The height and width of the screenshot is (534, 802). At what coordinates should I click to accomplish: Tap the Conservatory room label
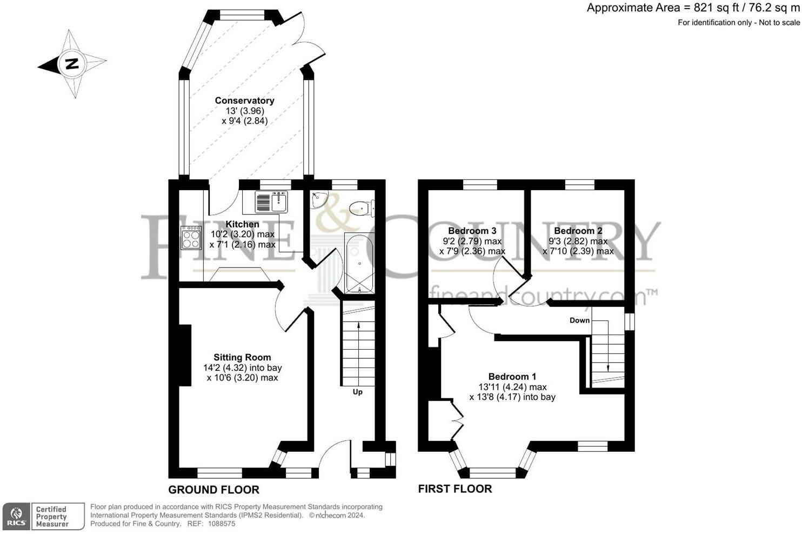[x=244, y=101]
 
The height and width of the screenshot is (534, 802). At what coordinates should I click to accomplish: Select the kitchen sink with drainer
[x=271, y=202]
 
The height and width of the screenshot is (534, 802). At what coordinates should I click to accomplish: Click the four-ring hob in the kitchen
[x=191, y=237]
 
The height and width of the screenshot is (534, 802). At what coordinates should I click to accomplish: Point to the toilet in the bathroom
[x=362, y=208]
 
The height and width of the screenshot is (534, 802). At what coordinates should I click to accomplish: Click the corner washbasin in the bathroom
[x=318, y=199]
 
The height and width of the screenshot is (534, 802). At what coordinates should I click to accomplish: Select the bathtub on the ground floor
[x=359, y=263]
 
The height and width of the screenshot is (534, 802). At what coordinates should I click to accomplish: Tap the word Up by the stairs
[x=358, y=392]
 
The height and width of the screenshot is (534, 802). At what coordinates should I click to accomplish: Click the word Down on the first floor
[x=580, y=320]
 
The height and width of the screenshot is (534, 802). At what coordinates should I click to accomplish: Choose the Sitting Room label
[x=243, y=357]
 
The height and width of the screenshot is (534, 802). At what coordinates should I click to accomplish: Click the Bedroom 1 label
[x=512, y=376]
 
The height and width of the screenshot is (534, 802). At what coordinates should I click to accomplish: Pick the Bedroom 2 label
[x=578, y=231]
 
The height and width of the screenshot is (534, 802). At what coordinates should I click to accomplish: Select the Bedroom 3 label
[x=472, y=230]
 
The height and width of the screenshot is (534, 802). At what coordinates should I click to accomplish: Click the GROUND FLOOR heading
[x=214, y=490]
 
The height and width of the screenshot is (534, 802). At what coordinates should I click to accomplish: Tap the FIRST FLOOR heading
[x=455, y=489]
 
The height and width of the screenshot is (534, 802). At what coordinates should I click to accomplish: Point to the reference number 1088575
[x=222, y=524]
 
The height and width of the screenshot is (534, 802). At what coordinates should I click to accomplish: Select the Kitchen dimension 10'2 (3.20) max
[x=243, y=234]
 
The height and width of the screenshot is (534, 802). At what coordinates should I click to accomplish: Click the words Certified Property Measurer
[x=52, y=517]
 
